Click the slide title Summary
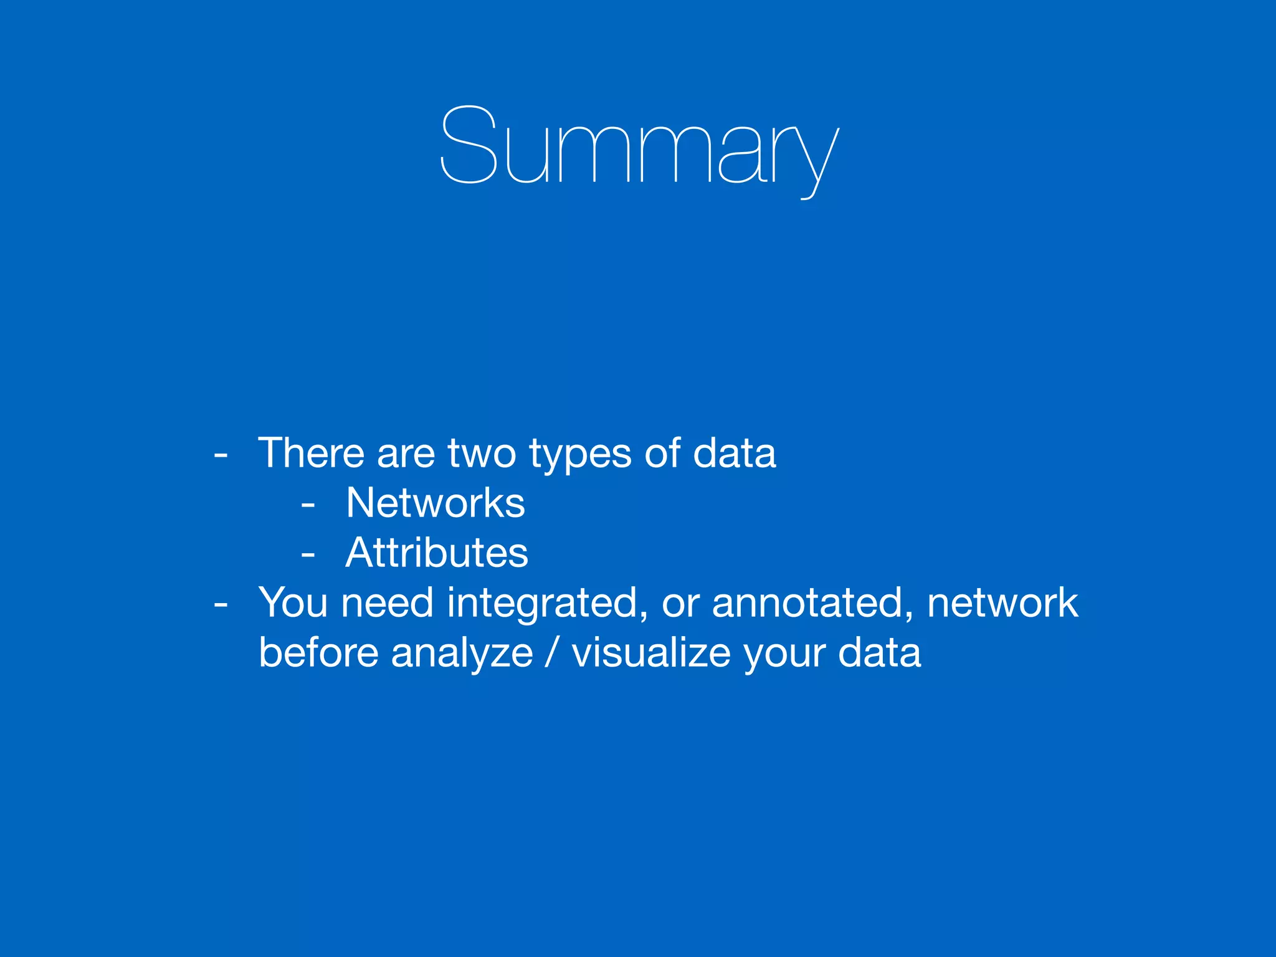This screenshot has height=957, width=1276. pos(639,150)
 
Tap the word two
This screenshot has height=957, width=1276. pos(482,453)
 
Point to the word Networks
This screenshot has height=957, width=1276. pos(436,503)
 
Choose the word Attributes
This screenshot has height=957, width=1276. pos(437,553)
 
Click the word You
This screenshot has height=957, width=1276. pos(293,602)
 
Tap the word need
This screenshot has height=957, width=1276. pos(387,602)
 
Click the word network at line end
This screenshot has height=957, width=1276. pos(1002,602)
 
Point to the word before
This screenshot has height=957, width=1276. pos(318,652)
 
